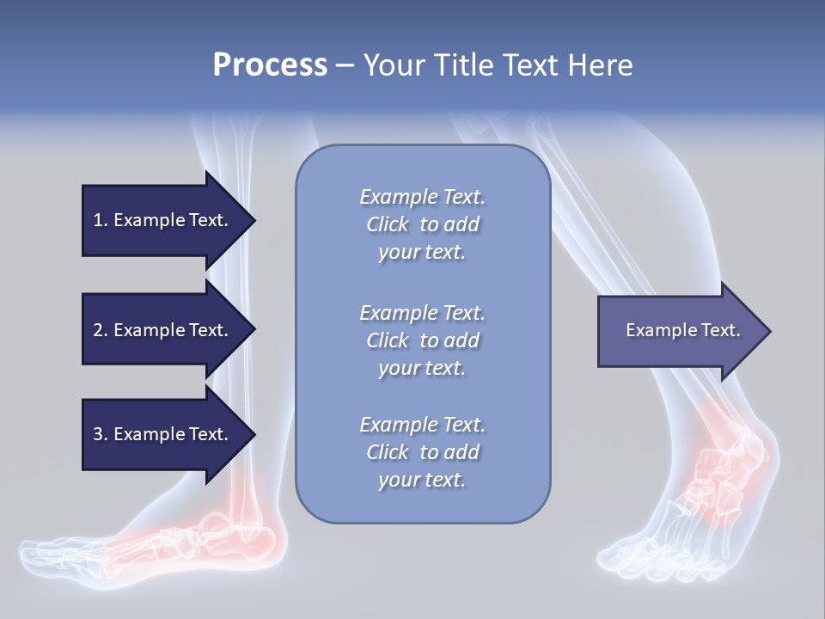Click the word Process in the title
(270, 65)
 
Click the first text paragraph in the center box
(422, 224)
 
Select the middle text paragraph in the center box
(422, 340)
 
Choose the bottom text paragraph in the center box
(422, 451)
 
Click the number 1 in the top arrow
(98, 220)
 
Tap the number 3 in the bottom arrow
(98, 434)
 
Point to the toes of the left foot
(43, 555)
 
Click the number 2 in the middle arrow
(98, 330)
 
